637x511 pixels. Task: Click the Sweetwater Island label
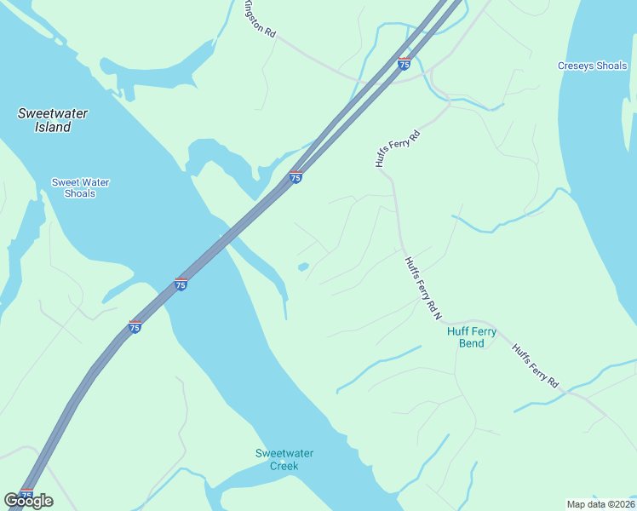pos(53,120)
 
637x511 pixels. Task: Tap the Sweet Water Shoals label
pos(80,187)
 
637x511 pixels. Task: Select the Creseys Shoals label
pos(592,66)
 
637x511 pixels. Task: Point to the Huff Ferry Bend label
pos(471,337)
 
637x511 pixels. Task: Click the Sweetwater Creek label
pos(284,459)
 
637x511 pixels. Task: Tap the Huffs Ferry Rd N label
pos(423,288)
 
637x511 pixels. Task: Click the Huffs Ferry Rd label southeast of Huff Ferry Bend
pos(535,366)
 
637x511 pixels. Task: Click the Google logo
pos(28,501)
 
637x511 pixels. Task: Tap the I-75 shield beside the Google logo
pos(26,494)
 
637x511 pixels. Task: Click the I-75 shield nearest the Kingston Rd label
pos(405,63)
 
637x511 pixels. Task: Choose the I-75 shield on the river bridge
pos(181,284)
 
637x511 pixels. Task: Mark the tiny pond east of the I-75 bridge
pos(303,267)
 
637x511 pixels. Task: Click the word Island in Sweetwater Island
pos(53,127)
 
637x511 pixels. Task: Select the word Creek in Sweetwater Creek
pos(284,466)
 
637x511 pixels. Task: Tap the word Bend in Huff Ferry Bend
pos(471,344)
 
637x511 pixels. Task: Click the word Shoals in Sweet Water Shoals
pos(80,193)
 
